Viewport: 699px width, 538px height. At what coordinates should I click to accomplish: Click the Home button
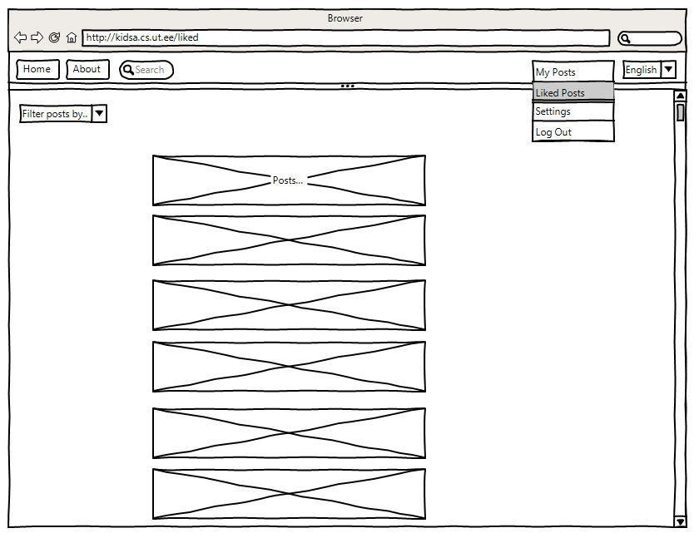click(37, 70)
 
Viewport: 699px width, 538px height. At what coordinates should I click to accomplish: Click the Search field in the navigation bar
click(146, 70)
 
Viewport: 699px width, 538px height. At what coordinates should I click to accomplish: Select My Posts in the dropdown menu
click(573, 72)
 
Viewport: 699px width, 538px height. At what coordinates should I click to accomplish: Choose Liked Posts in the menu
click(573, 92)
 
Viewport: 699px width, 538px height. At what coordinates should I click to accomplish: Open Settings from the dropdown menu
click(573, 111)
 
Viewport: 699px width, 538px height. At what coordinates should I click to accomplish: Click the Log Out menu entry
click(573, 132)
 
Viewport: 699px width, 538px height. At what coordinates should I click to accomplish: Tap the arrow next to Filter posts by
click(99, 114)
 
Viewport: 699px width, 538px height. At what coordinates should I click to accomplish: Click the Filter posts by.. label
click(55, 114)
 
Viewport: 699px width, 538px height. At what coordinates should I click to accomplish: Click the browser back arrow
click(21, 37)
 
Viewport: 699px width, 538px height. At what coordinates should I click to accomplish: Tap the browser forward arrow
click(37, 37)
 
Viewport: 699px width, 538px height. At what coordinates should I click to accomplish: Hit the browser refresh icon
click(55, 37)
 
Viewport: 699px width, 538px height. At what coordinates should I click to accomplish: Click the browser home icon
click(72, 37)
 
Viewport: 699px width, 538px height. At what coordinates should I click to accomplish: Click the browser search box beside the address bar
click(650, 38)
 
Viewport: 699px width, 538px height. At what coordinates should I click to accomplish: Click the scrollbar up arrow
click(680, 96)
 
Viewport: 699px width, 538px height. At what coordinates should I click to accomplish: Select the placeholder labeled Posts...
click(289, 180)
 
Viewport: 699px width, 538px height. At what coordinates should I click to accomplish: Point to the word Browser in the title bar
click(345, 18)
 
